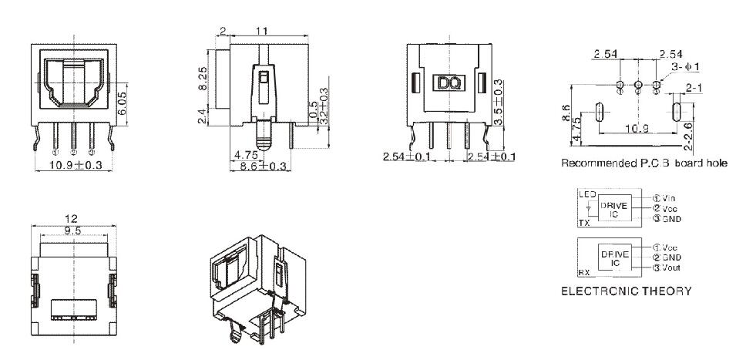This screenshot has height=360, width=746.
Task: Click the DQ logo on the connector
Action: click(448, 82)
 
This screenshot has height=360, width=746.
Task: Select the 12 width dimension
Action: click(72, 219)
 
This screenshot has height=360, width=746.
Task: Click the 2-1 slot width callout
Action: click(693, 90)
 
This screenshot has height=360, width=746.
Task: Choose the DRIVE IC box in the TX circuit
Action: click(614, 207)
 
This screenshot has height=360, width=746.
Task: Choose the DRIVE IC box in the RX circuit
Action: click(614, 257)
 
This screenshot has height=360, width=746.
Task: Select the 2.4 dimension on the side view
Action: click(202, 117)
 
